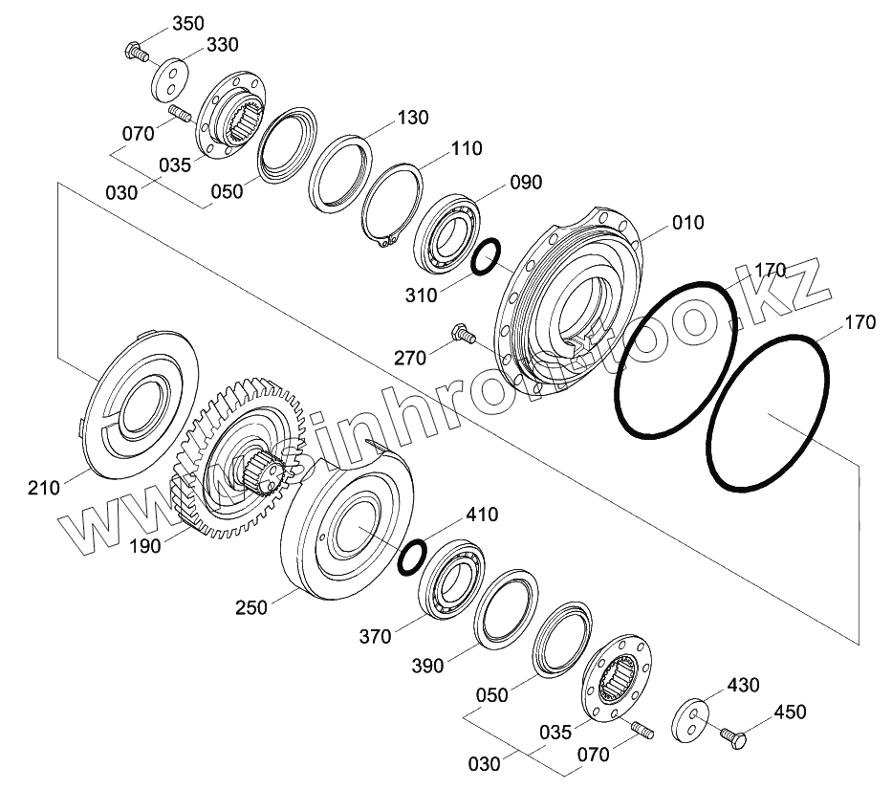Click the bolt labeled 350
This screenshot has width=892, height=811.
pyautogui.click(x=136, y=52)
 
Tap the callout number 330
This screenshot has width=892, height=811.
pyautogui.click(x=223, y=44)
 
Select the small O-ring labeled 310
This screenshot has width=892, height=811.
pyautogui.click(x=487, y=256)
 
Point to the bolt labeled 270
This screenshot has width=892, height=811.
pyautogui.click(x=463, y=334)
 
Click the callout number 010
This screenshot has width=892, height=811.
pyautogui.click(x=687, y=223)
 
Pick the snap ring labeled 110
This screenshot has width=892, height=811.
pyautogui.click(x=392, y=206)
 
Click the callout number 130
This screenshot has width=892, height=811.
pyautogui.click(x=412, y=118)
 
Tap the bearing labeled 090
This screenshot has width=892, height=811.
pyautogui.click(x=446, y=234)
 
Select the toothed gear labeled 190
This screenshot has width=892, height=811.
pyautogui.click(x=239, y=456)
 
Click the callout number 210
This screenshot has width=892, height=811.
pyautogui.click(x=44, y=488)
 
